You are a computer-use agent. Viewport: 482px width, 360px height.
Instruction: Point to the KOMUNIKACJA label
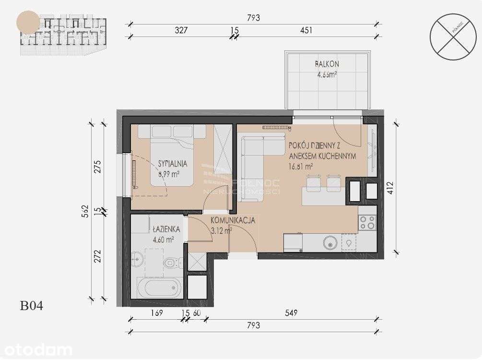click(x=233, y=220)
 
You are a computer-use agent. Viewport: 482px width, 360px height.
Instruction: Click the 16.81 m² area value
click(x=301, y=167)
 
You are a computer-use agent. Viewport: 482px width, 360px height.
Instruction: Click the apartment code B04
click(x=32, y=305)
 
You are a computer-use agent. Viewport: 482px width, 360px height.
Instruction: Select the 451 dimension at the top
click(x=306, y=30)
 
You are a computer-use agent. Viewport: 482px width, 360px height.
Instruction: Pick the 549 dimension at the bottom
click(x=291, y=313)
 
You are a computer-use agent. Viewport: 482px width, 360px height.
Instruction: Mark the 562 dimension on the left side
click(x=85, y=211)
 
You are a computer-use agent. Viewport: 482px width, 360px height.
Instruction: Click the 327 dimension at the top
click(x=180, y=30)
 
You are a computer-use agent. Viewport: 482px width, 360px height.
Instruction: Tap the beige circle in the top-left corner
click(x=28, y=23)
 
